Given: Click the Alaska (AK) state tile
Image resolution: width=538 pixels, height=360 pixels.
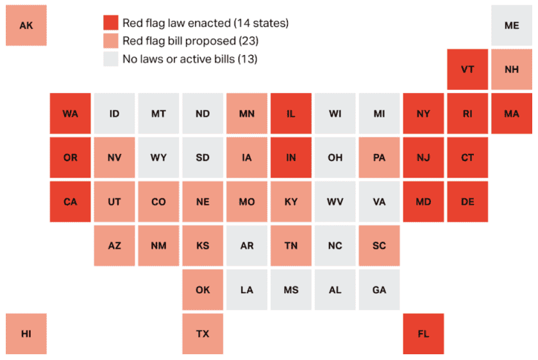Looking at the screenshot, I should (26, 26).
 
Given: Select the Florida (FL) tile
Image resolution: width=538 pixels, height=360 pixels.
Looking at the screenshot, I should (423, 334).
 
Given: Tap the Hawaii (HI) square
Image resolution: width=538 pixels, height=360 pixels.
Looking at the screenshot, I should (26, 334).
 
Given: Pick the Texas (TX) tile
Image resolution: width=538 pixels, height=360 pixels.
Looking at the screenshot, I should (203, 334).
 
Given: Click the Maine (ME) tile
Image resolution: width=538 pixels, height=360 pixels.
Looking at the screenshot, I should (512, 26).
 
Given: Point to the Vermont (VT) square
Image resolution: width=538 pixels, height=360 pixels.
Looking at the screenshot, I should (467, 69).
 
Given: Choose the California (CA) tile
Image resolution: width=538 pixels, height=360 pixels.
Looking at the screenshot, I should (71, 201).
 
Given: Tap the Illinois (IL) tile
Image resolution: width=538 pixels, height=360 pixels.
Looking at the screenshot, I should (291, 114).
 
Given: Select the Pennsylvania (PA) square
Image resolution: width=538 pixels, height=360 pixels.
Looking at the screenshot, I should (379, 157).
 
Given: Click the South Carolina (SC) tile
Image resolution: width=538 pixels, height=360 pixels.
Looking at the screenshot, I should (379, 245).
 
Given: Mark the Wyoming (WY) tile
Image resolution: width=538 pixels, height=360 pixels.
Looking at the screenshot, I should (158, 157).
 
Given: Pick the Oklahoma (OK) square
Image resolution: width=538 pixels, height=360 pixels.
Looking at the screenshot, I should (203, 289).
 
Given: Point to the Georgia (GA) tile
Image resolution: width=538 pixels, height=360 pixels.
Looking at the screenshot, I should (379, 289).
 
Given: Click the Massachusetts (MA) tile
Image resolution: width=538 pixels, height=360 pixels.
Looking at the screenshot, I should (512, 114).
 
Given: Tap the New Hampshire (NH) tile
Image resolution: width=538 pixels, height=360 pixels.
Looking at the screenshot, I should (512, 69).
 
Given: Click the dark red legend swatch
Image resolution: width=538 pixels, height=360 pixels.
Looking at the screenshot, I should (110, 23).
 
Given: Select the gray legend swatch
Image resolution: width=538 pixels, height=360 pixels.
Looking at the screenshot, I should (110, 59).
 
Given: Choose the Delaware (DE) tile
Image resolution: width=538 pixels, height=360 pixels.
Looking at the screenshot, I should (467, 201).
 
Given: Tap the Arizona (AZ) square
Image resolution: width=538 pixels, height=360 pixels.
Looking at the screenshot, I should (114, 245).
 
